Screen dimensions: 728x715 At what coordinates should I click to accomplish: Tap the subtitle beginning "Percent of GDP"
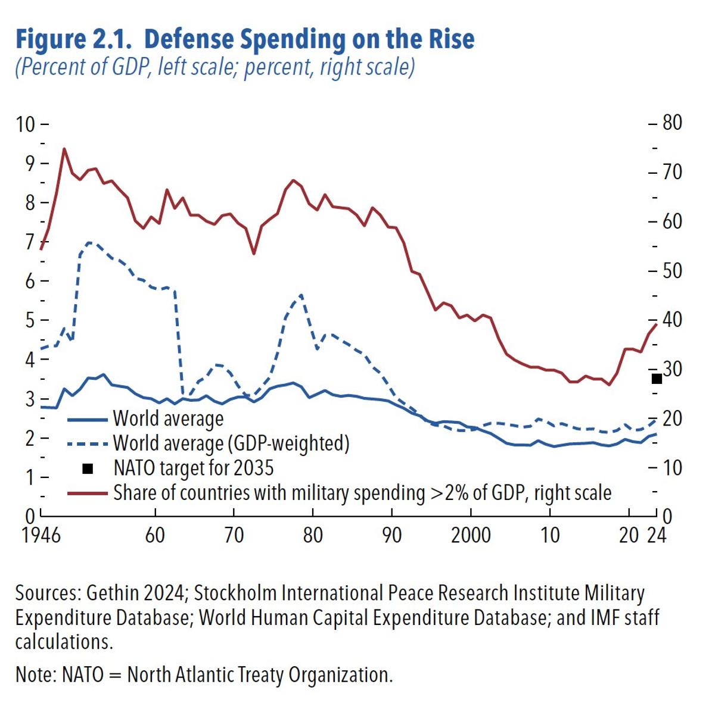[214, 67]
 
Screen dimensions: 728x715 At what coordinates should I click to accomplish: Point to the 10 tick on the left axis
[26, 124]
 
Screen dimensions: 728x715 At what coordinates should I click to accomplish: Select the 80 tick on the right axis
[672, 123]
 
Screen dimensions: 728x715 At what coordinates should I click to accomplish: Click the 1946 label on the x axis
[41, 535]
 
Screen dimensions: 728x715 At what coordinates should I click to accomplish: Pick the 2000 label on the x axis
[471, 535]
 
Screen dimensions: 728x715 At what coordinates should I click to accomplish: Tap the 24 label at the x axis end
[657, 535]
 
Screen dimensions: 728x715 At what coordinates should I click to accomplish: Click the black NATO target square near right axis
[657, 379]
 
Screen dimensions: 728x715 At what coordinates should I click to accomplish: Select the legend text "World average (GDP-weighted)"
[231, 443]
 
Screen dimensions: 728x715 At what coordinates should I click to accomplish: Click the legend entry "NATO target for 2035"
[193, 468]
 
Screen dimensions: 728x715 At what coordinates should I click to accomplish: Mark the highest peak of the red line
[64, 149]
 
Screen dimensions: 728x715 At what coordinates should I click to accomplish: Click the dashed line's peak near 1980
[301, 295]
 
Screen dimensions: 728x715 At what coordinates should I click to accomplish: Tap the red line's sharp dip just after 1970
[254, 254]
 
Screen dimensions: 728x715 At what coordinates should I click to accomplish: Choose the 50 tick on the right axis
[672, 271]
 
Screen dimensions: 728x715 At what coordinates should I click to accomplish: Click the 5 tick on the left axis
[29, 320]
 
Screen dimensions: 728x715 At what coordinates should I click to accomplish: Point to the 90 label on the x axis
[391, 535]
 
